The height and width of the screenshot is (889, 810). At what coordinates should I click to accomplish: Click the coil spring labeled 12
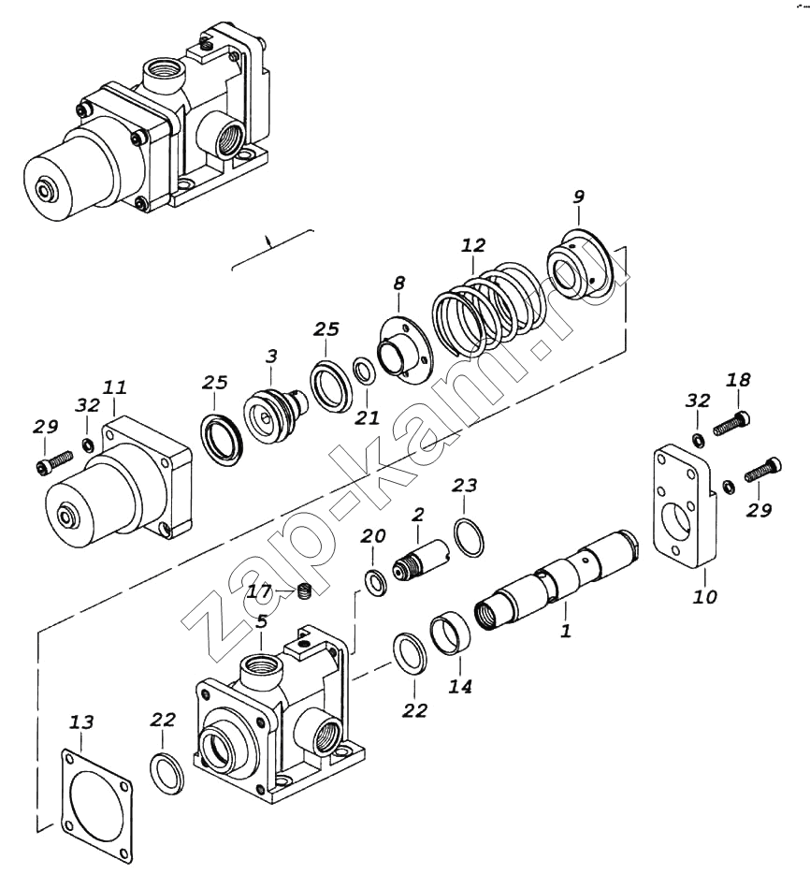point(488,309)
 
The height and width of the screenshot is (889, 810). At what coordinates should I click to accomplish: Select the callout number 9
point(578,197)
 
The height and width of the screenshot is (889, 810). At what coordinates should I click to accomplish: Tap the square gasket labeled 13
point(97,799)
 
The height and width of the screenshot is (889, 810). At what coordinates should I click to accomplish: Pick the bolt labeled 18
point(731,424)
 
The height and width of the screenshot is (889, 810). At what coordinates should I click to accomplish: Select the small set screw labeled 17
point(306,591)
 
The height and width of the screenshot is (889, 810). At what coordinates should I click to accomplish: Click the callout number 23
point(465,486)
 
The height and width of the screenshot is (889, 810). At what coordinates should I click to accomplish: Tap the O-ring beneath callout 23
point(469,536)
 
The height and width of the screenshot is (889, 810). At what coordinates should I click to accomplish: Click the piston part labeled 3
point(276,415)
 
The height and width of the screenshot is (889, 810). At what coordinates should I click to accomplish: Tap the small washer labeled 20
point(375,583)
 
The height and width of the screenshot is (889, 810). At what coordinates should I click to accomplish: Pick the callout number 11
point(114,387)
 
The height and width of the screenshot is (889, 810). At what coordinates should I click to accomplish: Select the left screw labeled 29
point(54,461)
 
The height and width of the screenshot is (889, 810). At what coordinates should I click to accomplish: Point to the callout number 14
point(459,687)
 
